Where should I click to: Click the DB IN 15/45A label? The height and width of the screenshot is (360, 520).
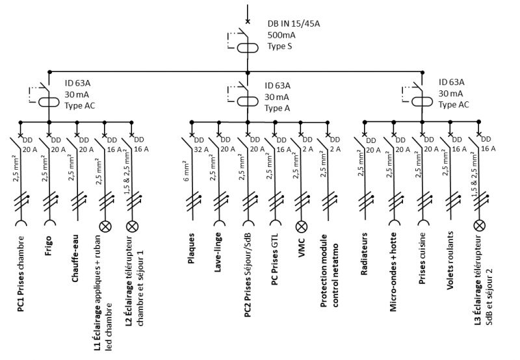pyautogui.click(x=294, y=23)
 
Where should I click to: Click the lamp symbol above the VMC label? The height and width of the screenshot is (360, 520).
pyautogui.click(x=301, y=226)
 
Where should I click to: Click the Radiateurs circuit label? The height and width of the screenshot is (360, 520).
pyautogui.click(x=365, y=255)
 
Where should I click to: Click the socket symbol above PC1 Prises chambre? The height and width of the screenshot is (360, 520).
pyautogui.click(x=21, y=226)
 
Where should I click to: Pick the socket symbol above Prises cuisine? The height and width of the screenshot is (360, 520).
pyautogui.click(x=422, y=226)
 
